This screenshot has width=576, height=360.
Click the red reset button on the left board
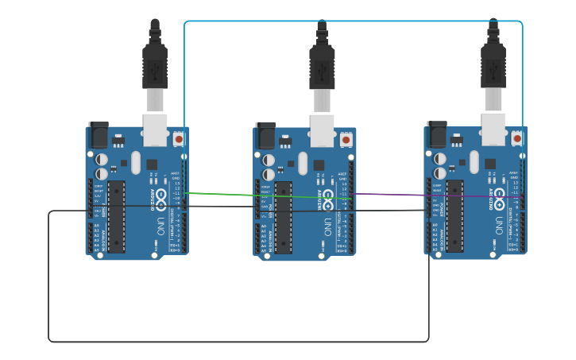[179, 138]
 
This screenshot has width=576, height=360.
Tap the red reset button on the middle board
[346, 139]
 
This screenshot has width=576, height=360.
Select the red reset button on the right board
[517, 138]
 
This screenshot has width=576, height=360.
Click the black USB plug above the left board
[155, 64]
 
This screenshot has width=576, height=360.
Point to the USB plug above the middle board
[322, 64]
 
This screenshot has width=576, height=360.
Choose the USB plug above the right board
[493, 64]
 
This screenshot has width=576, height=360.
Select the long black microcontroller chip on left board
[116, 216]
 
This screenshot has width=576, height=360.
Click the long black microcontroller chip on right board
[454, 216]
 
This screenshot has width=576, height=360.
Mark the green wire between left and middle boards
[262, 195]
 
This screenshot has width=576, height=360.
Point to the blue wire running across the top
[354, 21]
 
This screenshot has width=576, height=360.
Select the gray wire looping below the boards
[238, 342]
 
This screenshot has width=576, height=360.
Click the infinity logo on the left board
[161, 195]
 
